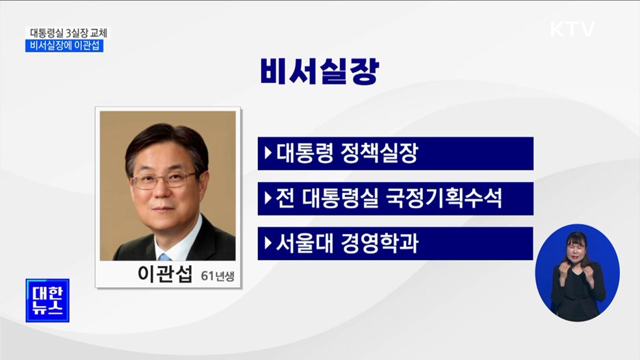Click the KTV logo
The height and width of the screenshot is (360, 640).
[572, 29]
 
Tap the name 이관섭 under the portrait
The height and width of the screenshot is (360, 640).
[166, 274]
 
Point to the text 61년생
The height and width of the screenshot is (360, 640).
[217, 277]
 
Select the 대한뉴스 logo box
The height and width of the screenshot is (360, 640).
[47, 300]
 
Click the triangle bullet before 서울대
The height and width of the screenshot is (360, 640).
[268, 244]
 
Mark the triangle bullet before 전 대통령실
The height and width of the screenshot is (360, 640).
[268, 198]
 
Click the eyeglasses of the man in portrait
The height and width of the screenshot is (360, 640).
[163, 179]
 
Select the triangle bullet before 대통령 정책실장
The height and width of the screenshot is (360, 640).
[268, 154]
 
